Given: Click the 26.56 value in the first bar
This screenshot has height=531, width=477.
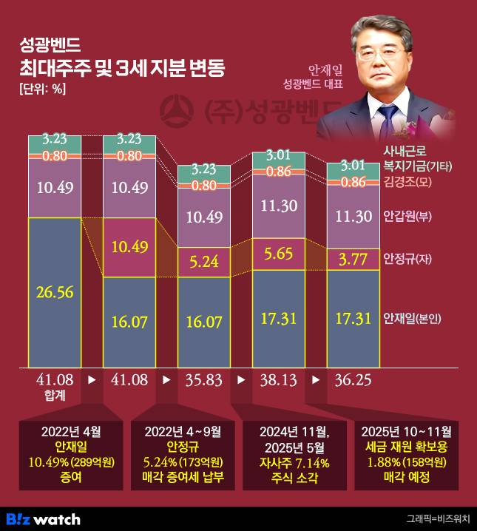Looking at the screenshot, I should (54, 292).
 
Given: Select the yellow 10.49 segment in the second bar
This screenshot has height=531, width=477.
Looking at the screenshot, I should (129, 247).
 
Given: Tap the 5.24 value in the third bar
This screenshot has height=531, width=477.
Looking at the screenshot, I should (204, 261).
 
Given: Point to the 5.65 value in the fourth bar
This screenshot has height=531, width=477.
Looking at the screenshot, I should (278, 255).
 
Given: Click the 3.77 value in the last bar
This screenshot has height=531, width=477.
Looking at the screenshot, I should (353, 259).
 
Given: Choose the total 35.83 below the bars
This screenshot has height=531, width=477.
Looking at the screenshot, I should (204, 380).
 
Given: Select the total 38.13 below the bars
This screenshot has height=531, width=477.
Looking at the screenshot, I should (278, 380).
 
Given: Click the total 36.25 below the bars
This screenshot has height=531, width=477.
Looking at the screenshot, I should (353, 380).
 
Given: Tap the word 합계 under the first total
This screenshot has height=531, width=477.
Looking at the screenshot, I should (55, 396).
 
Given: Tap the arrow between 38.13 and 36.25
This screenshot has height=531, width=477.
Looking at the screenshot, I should (315, 380).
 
